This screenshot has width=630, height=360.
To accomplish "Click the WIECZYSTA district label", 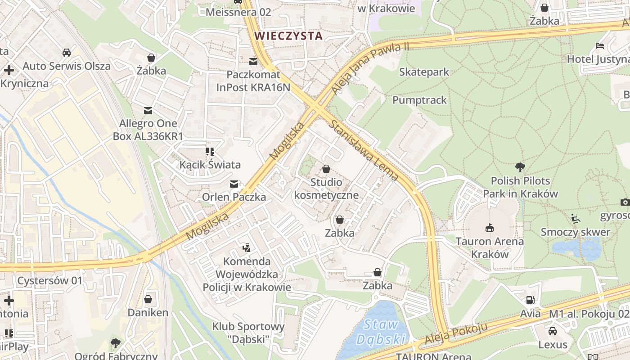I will (288, 36).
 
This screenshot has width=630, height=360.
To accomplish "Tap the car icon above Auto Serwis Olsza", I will (67, 52).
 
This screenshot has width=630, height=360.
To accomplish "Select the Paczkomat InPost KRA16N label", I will (253, 81).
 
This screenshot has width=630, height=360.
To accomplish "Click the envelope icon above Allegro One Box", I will (148, 110).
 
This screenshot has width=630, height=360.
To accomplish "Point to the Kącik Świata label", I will (210, 165).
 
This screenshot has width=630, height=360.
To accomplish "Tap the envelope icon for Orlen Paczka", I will (234, 184).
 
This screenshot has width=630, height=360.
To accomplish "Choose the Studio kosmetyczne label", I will (326, 189).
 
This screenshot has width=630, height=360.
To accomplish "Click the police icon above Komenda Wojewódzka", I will (246, 247).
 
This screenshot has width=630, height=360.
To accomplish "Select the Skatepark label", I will (424, 72).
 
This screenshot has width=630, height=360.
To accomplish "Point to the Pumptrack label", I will (419, 100).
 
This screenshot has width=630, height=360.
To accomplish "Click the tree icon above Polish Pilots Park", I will (520, 167).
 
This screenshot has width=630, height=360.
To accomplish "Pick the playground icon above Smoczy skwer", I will (576, 219).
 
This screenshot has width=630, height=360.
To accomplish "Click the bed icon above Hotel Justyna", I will (600, 45).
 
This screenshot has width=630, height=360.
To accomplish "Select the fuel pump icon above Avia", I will (531, 300).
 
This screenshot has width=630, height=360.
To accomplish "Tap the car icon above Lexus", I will (553, 331).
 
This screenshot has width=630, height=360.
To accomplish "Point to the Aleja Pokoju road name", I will (456, 335).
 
